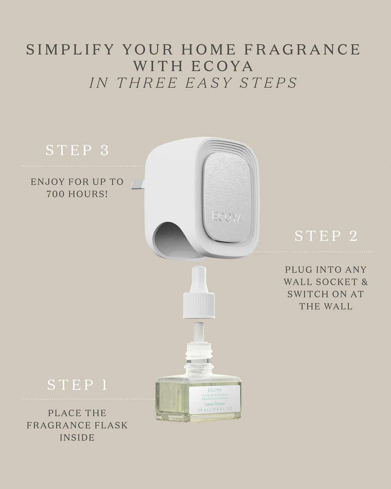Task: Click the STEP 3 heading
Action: point(77,150)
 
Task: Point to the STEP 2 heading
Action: point(326,236)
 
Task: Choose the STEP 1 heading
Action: point(77,385)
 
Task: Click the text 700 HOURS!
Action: point(77,194)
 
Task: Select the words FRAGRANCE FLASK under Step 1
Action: point(77,425)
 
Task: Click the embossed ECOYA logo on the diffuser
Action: point(228,216)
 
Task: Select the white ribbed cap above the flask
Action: point(199,305)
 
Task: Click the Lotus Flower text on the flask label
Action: point(215,404)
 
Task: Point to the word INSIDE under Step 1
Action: point(77,437)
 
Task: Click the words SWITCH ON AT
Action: point(326,294)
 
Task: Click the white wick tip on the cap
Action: point(199,276)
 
